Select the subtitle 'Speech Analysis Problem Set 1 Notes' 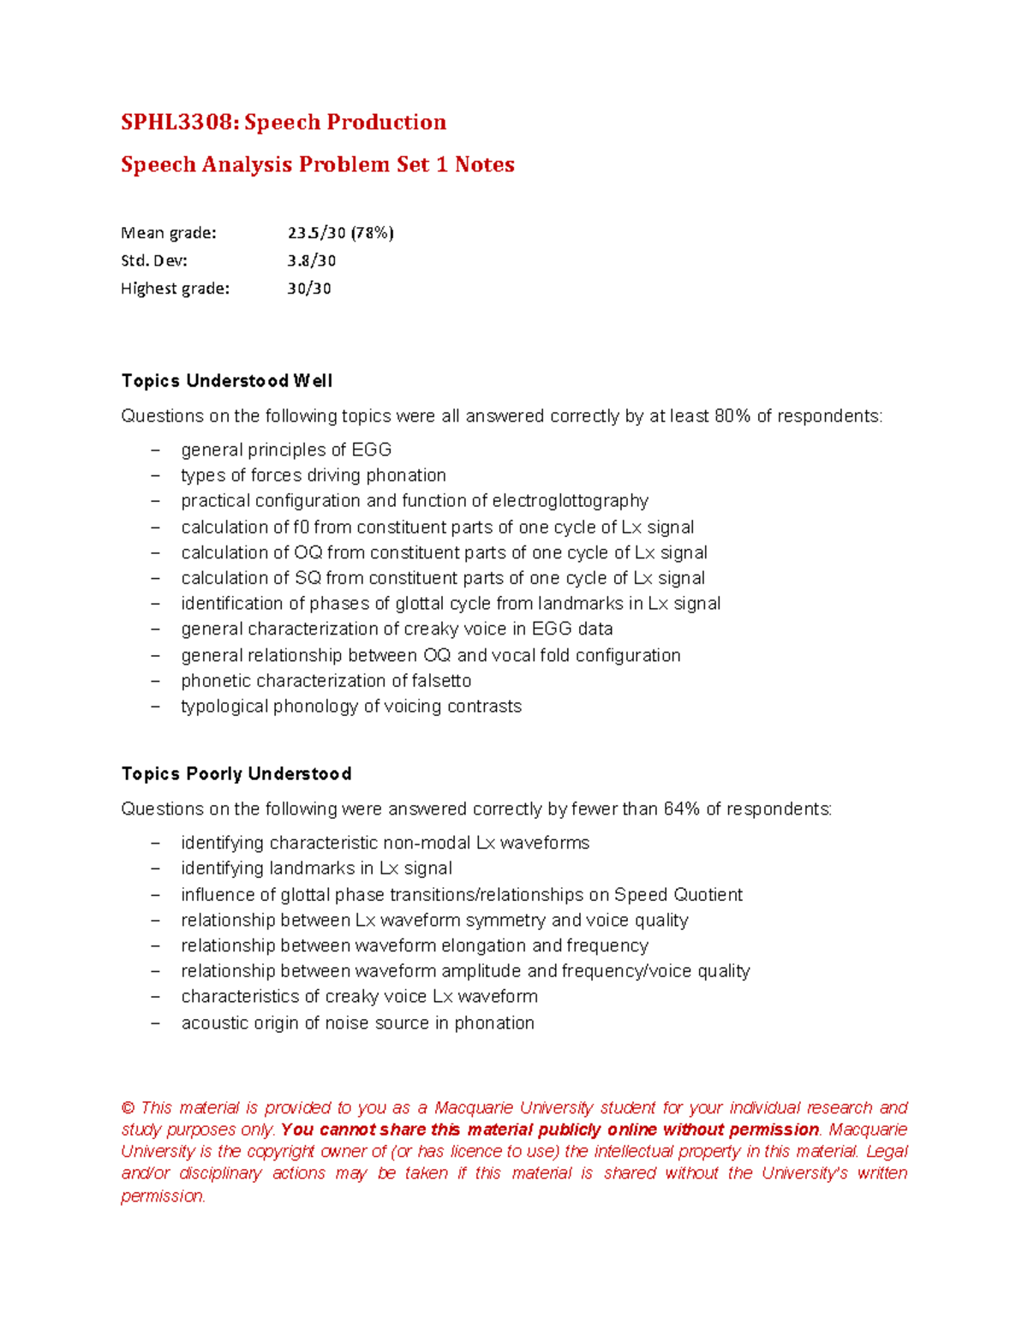(x=317, y=164)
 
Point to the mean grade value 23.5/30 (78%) (x=340, y=233)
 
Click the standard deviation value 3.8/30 (x=311, y=260)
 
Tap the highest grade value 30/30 (x=308, y=289)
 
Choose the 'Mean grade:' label (x=169, y=233)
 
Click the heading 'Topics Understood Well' (x=226, y=381)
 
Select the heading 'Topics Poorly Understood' (x=236, y=774)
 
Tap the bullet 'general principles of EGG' (x=286, y=450)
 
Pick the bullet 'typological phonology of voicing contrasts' (x=351, y=707)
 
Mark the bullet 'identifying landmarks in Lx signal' (x=316, y=868)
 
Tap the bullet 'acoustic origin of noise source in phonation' (x=357, y=1023)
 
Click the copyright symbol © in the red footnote (x=128, y=1108)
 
